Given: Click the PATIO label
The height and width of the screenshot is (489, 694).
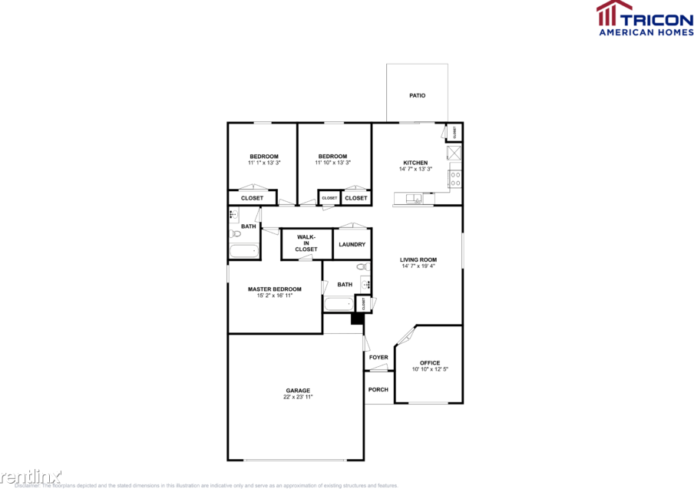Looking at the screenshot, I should click(417, 96).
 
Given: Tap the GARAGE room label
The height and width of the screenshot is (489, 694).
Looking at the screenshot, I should click(299, 391).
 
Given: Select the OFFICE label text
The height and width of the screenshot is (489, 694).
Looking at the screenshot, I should click(430, 363).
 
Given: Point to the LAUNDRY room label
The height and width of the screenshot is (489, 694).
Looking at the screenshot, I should click(352, 244).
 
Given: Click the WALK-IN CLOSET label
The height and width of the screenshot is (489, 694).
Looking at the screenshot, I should click(306, 243).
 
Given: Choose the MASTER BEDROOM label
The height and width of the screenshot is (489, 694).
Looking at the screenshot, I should click(274, 289).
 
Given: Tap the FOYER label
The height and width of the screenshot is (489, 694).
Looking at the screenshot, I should click(378, 358).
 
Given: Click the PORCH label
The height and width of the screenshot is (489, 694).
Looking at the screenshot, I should click(378, 390).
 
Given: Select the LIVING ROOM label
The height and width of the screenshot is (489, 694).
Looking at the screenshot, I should click(418, 259).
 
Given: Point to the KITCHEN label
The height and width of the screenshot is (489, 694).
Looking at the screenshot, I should click(415, 163).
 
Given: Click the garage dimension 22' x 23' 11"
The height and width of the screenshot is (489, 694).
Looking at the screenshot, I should click(299, 398).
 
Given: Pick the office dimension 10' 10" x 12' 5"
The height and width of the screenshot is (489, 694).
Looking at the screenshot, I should click(430, 370).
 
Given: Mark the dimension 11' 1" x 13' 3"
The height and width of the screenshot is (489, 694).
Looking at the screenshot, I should click(263, 163).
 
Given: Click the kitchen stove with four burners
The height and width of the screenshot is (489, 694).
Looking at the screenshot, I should click(455, 179).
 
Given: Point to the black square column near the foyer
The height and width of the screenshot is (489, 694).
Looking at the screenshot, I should click(356, 319).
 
